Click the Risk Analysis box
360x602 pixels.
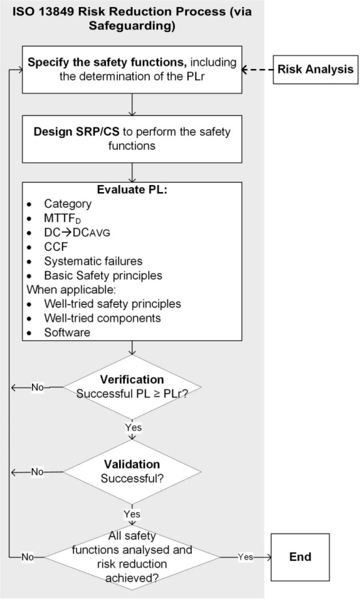click(315, 70)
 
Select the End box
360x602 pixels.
click(300, 556)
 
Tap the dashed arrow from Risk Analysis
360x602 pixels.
click(257, 70)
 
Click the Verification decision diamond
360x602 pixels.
click(132, 387)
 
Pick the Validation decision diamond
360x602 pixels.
click(132, 472)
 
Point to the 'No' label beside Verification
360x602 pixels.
click(38, 387)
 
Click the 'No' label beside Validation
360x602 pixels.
click(37, 472)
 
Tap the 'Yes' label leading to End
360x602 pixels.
click(245, 556)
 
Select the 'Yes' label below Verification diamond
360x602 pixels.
click(133, 427)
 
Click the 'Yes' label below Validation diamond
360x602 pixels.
click(132, 513)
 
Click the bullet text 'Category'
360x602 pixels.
click(68, 204)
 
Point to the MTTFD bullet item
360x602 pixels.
click(62, 218)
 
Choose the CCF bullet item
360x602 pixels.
click(56, 247)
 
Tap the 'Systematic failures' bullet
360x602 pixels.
click(93, 261)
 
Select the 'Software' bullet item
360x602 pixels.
click(67, 332)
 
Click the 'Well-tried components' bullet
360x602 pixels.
click(102, 318)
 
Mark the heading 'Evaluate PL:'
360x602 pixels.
click(132, 190)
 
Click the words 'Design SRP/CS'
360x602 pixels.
click(77, 132)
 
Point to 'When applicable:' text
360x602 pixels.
click(71, 289)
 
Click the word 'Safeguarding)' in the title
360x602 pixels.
click(132, 25)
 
